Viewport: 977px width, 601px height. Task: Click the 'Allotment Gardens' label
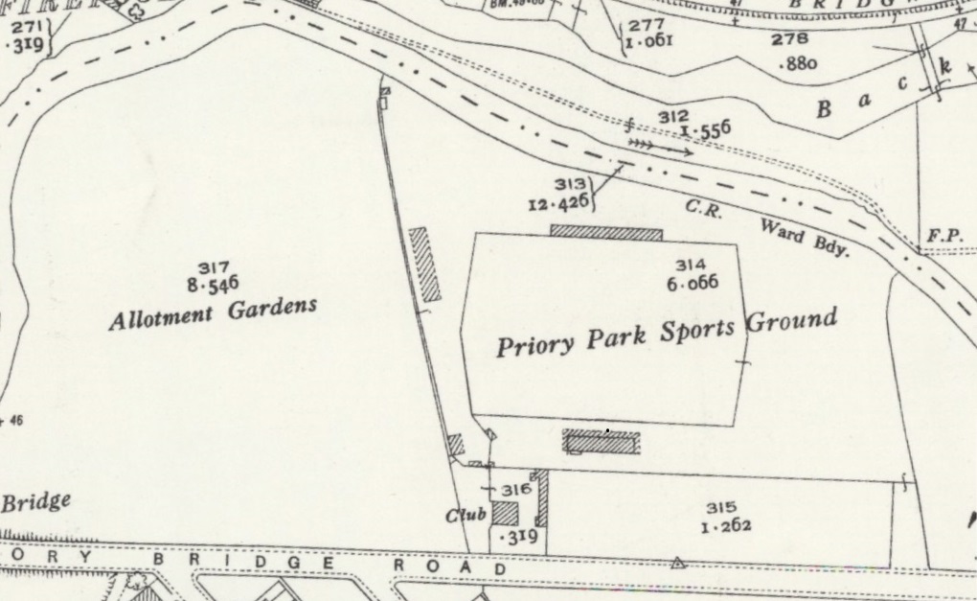click(213, 312)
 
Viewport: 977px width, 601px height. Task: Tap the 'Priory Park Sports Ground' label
click(667, 332)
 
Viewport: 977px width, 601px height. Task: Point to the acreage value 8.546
click(213, 284)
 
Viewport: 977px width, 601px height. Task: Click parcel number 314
click(691, 266)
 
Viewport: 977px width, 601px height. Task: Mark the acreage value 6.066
click(692, 282)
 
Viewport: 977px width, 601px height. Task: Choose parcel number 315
click(721, 508)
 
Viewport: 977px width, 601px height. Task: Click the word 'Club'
click(466, 516)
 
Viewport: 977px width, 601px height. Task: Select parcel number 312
click(673, 116)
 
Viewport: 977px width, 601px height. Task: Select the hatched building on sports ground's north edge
click(606, 232)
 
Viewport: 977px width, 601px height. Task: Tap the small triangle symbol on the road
click(678, 563)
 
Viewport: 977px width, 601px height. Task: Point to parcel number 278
click(795, 39)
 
